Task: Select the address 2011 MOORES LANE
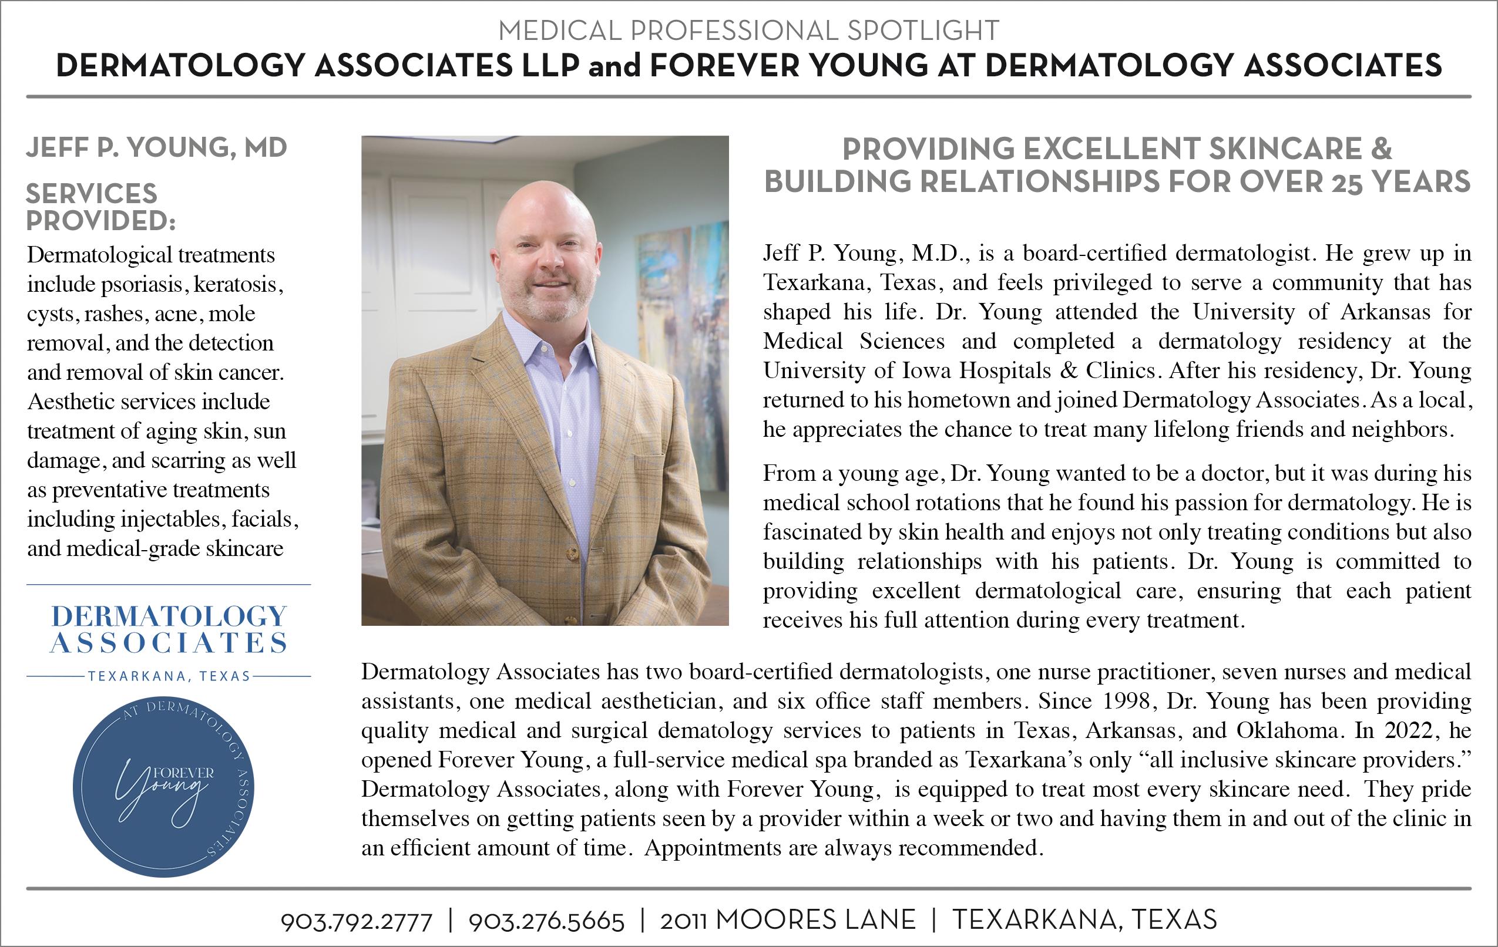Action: tap(788, 920)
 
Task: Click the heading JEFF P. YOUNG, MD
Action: tap(156, 148)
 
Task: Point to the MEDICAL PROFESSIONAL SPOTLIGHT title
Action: tap(748, 31)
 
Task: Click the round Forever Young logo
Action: tap(163, 786)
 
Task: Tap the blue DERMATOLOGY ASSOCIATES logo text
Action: tap(169, 629)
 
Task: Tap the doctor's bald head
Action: tap(545, 205)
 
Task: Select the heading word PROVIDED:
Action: tap(101, 221)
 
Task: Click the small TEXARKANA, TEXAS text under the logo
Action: tap(169, 676)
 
